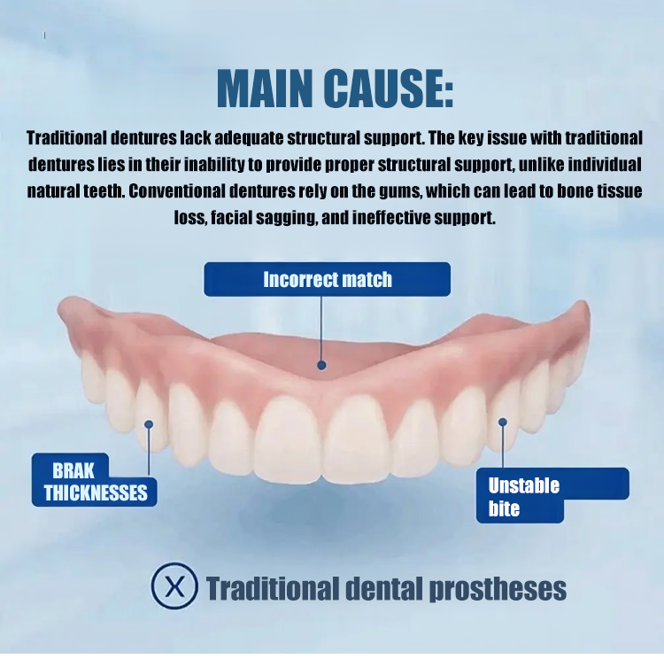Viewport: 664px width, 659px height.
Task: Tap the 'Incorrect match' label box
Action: point(327,279)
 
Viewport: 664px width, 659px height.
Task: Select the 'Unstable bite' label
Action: point(524,497)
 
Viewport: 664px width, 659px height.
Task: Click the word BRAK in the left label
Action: point(73,470)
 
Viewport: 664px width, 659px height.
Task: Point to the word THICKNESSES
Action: point(96,492)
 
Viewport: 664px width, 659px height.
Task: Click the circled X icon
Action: point(174,586)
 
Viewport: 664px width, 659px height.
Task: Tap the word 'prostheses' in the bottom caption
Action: point(498,589)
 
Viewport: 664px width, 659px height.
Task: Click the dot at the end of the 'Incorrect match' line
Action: point(321,365)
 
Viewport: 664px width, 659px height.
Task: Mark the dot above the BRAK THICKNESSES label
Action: point(149,424)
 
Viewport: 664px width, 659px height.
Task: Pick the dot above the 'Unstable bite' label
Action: point(503,423)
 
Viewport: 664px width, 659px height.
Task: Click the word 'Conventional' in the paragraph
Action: point(177,191)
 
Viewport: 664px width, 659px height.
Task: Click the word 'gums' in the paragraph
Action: point(400,191)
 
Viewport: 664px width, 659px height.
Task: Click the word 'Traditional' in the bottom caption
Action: point(273,588)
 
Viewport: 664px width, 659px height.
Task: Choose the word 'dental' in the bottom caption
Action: point(384,588)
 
